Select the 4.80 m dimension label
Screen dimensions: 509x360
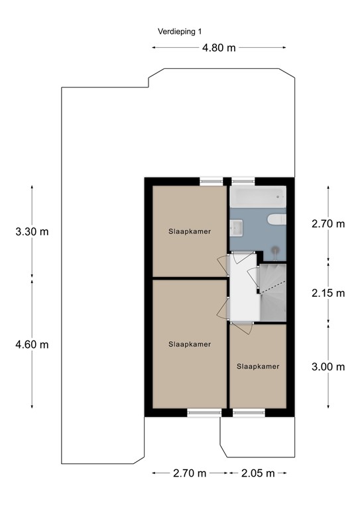point(219,48)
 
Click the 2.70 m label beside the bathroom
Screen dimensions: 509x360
point(329,223)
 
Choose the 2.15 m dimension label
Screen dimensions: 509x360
point(329,292)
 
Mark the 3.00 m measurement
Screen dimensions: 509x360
point(329,367)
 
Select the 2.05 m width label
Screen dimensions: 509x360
point(257,473)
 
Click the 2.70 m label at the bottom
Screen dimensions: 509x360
point(190,473)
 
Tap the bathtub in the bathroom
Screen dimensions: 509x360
point(258,196)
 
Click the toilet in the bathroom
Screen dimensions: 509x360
point(275,220)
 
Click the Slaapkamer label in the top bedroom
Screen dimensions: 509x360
point(185,231)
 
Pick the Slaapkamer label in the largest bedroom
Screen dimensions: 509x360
point(190,344)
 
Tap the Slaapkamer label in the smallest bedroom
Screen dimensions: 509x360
point(258,366)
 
